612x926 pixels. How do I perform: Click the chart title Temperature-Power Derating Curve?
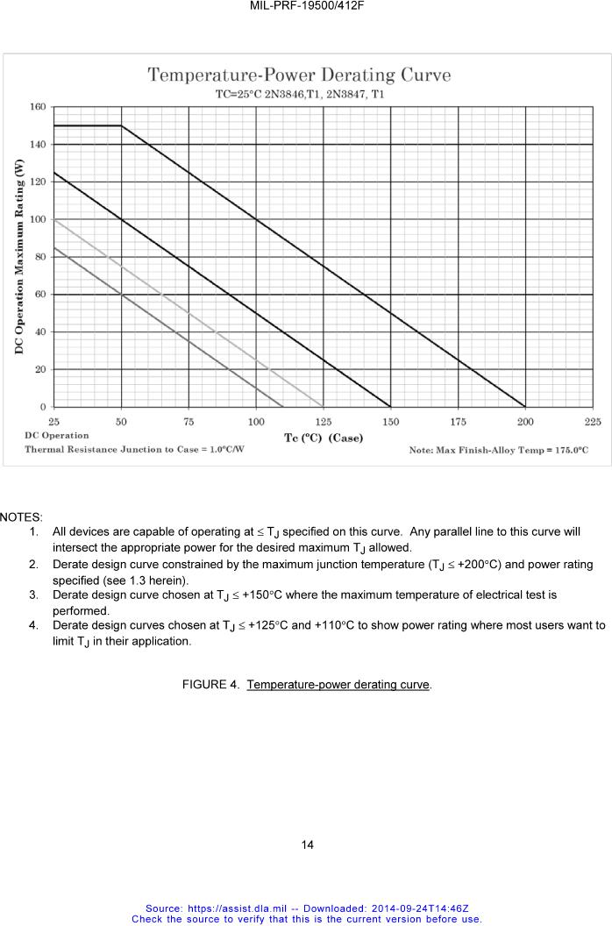(x=299, y=75)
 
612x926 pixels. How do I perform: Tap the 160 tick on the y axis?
(x=38, y=107)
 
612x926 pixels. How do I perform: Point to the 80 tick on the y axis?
(x=40, y=257)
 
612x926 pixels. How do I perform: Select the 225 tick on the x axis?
(x=593, y=422)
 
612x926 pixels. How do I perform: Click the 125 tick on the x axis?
(x=324, y=422)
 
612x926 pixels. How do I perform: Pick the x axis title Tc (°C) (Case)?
(x=324, y=438)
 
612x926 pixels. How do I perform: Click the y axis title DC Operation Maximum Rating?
(x=18, y=256)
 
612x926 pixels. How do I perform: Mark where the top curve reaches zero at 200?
(x=525, y=407)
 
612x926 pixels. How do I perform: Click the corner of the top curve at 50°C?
(x=121, y=125)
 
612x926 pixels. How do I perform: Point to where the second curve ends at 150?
(x=390, y=407)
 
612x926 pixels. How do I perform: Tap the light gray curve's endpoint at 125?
(x=324, y=407)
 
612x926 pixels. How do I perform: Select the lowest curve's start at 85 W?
(x=54, y=247)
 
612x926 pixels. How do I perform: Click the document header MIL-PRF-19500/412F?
(x=306, y=5)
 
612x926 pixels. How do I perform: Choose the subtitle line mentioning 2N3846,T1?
(x=299, y=93)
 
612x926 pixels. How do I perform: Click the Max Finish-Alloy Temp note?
(x=498, y=450)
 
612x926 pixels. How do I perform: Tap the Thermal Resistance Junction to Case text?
(x=134, y=449)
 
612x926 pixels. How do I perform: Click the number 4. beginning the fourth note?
(x=32, y=626)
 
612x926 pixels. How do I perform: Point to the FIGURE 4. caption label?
(x=211, y=684)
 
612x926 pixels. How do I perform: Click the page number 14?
(x=307, y=845)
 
